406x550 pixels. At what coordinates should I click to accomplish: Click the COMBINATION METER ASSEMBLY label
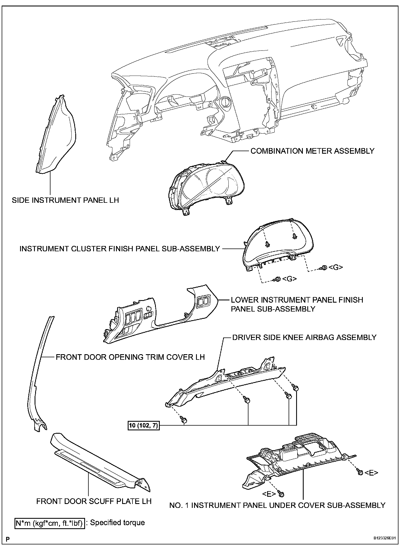(x=312, y=151)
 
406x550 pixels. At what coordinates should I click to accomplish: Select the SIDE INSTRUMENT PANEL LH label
(x=65, y=200)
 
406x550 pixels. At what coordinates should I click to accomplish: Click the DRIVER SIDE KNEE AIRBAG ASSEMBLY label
(x=304, y=337)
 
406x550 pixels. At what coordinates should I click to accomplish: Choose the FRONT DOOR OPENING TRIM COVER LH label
(x=130, y=357)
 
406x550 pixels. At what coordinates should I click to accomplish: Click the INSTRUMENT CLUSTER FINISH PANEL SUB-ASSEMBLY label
(x=120, y=249)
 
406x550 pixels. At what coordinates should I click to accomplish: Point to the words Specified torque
(x=117, y=523)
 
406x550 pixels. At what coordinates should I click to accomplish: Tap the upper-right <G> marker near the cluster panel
(x=335, y=267)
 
